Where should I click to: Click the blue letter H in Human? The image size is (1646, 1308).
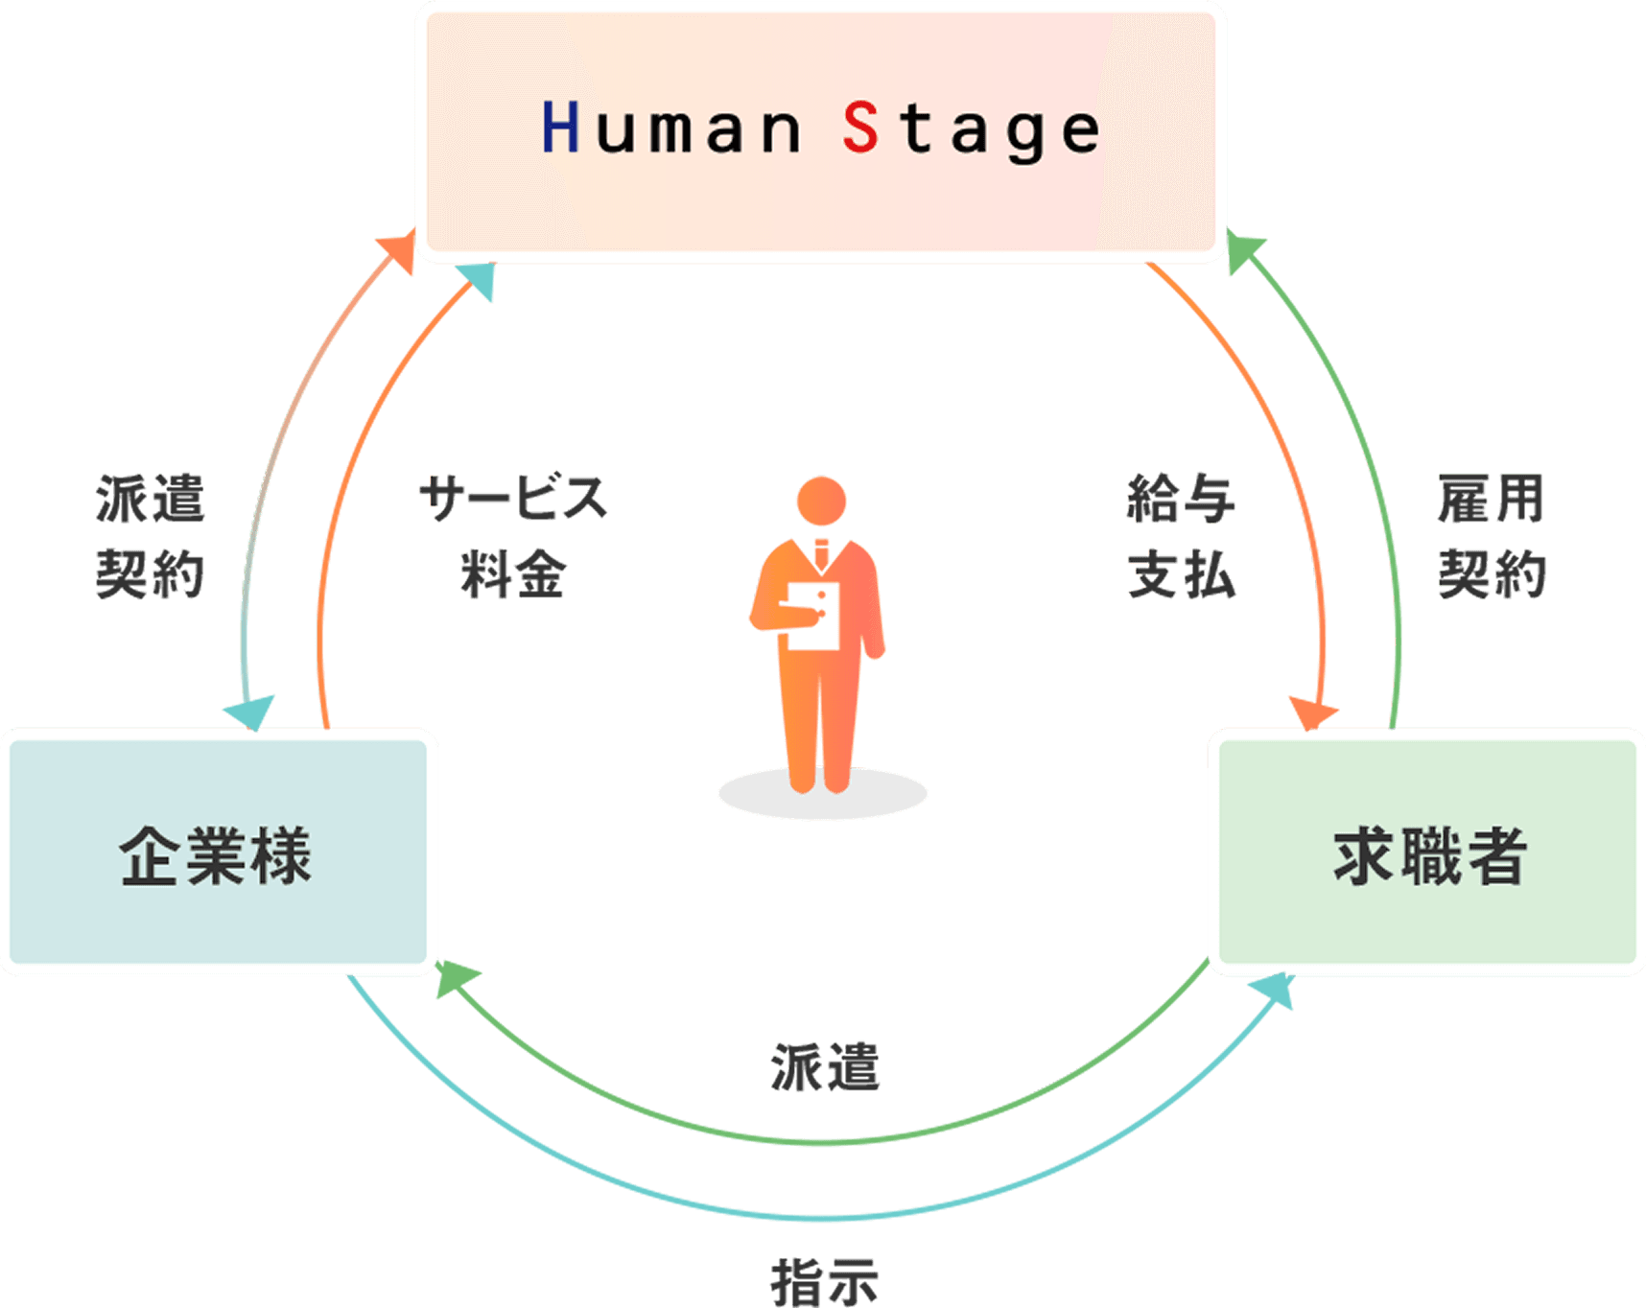click(560, 128)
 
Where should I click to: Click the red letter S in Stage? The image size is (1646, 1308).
click(860, 128)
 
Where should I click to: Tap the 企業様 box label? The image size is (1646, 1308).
click(216, 855)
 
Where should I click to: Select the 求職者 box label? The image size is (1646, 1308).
click(1429, 855)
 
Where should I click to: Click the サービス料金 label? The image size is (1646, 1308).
click(513, 537)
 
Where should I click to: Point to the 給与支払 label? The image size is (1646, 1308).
click(1181, 537)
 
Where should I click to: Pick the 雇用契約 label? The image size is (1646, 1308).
click(1492, 537)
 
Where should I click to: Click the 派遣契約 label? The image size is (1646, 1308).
click(151, 537)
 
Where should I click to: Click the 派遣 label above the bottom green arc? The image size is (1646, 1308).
click(825, 1068)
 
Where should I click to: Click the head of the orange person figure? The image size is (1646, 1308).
click(821, 501)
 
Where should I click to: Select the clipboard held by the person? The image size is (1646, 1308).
click(813, 616)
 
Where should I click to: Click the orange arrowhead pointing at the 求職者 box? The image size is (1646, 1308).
click(1312, 712)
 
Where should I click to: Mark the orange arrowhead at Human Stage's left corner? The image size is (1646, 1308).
click(398, 252)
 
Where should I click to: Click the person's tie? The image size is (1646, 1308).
click(822, 553)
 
